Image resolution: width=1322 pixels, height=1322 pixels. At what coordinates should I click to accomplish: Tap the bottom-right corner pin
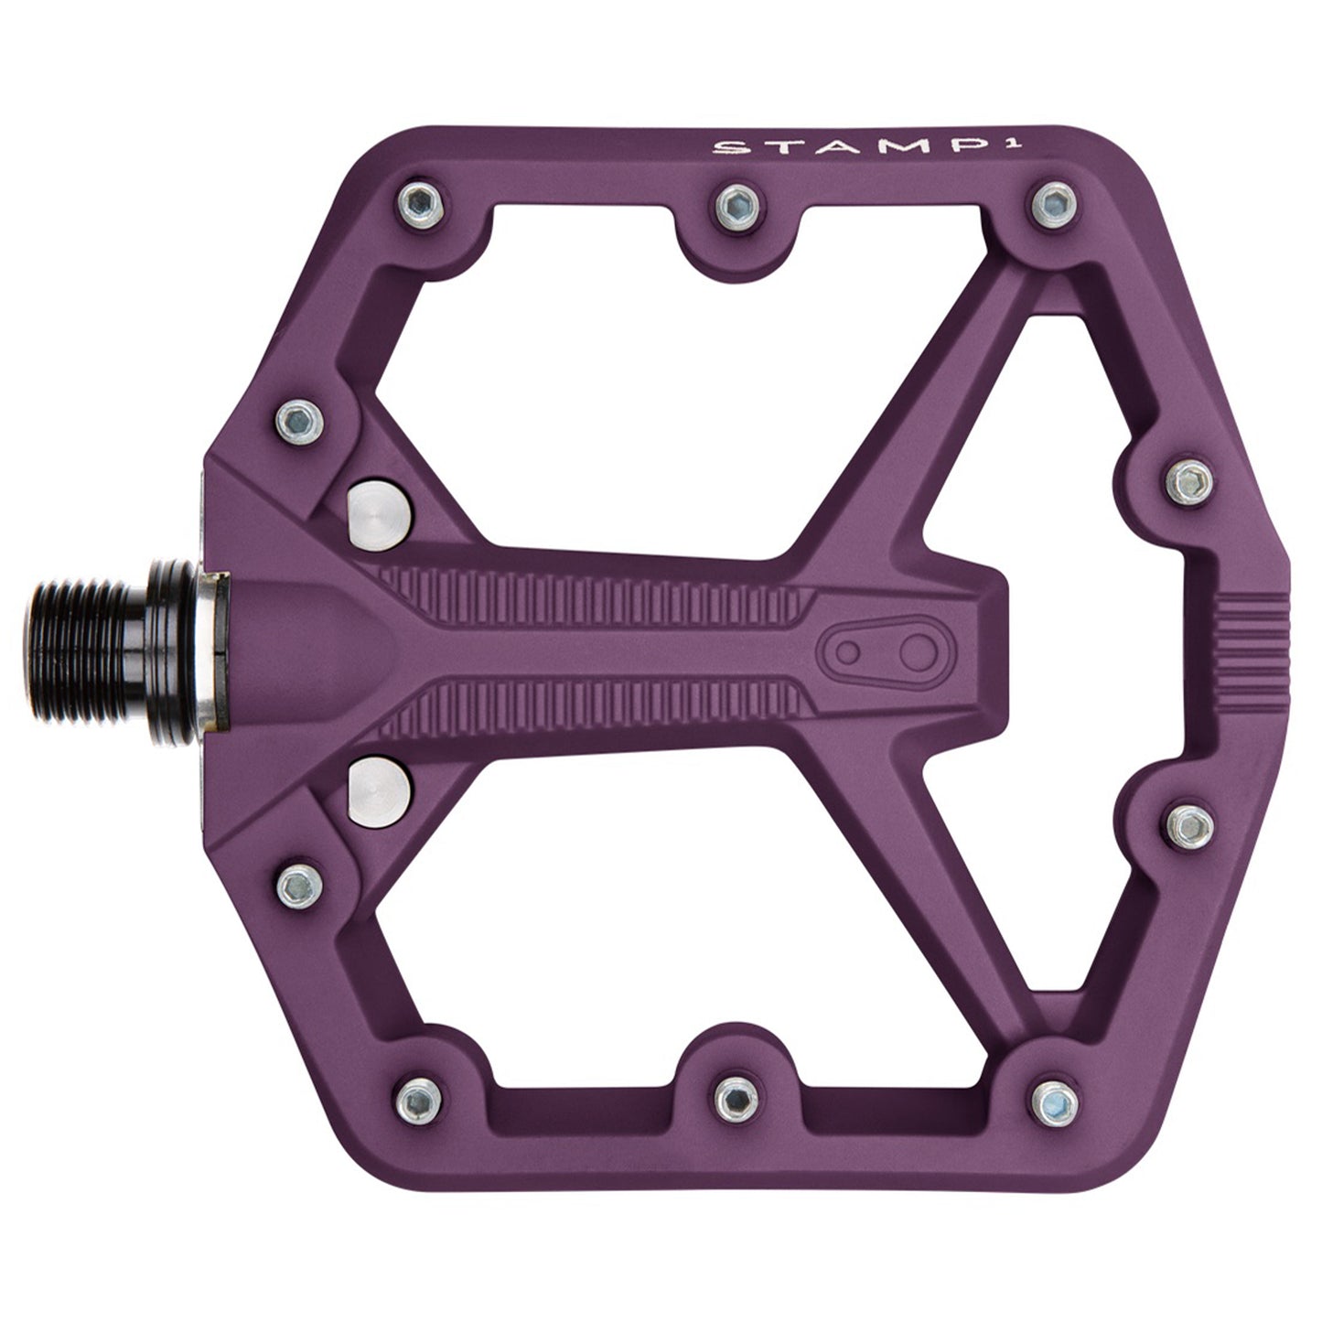(1048, 1094)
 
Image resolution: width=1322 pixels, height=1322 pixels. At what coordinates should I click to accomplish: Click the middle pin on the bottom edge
(734, 1094)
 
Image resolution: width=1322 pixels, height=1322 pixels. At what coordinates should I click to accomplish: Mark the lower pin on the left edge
(297, 883)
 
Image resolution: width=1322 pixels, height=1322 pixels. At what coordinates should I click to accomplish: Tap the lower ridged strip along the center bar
(595, 709)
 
